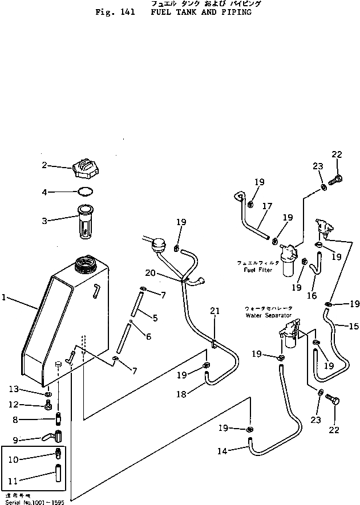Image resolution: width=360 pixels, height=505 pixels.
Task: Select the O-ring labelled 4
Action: pos(84,192)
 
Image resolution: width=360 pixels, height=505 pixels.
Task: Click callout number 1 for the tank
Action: pos(5,298)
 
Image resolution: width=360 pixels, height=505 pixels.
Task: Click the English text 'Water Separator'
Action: pos(268,315)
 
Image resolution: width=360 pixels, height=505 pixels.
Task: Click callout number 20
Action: pos(165,273)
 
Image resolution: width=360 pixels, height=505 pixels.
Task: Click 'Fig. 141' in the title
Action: pos(115,12)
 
